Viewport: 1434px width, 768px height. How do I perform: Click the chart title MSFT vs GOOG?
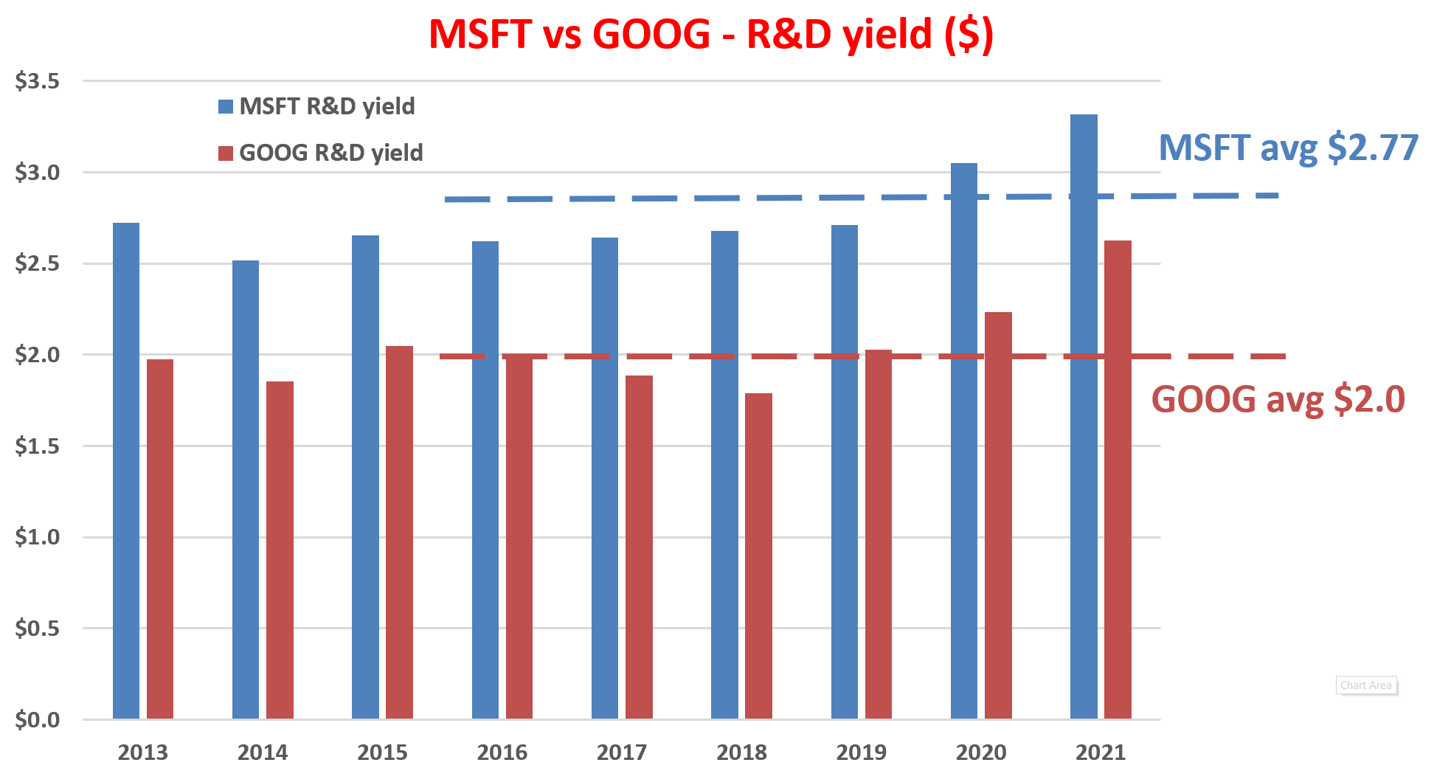[711, 34]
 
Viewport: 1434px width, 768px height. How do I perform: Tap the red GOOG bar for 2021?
[1118, 480]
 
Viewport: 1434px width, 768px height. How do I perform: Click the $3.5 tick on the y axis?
[38, 81]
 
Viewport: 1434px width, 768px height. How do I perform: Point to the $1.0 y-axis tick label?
[38, 537]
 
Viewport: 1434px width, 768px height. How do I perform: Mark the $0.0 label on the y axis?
[38, 719]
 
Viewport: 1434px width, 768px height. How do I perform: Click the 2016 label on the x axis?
[502, 753]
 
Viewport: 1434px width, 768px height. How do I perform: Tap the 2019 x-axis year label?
[862, 753]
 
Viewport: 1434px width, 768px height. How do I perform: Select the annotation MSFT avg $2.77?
[1288, 148]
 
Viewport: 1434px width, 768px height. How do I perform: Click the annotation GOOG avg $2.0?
[1278, 399]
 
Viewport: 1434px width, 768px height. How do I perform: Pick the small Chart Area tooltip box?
[1366, 685]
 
